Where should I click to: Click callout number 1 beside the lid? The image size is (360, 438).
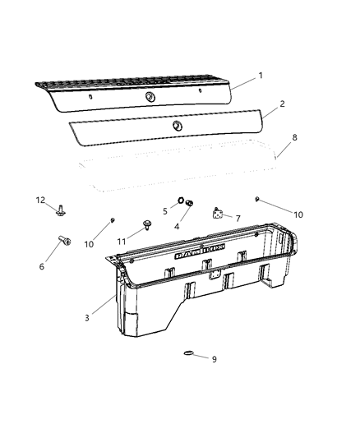261,76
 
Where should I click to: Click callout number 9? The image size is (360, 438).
215,359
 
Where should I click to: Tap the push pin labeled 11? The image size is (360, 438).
147,224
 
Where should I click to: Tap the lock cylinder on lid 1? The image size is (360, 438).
150,96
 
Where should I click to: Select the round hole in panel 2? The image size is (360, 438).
177,126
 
